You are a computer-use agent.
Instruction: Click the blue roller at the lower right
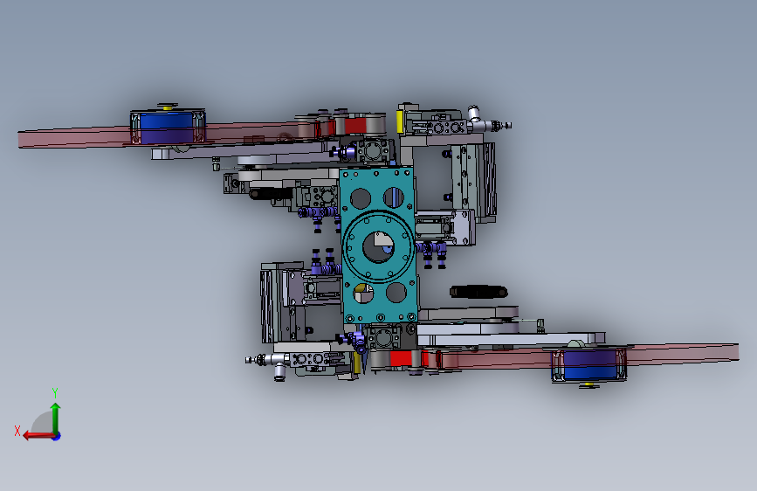(589, 365)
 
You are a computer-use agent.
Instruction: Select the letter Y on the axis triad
(55, 392)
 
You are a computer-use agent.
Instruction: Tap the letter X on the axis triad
(17, 431)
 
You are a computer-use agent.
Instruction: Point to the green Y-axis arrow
(56, 418)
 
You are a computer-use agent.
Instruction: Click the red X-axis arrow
(40, 436)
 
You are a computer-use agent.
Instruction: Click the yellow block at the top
(400, 121)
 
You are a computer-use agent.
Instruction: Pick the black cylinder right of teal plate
(478, 292)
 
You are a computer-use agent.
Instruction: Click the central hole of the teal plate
(378, 247)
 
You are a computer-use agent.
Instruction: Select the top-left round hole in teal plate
(360, 198)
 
